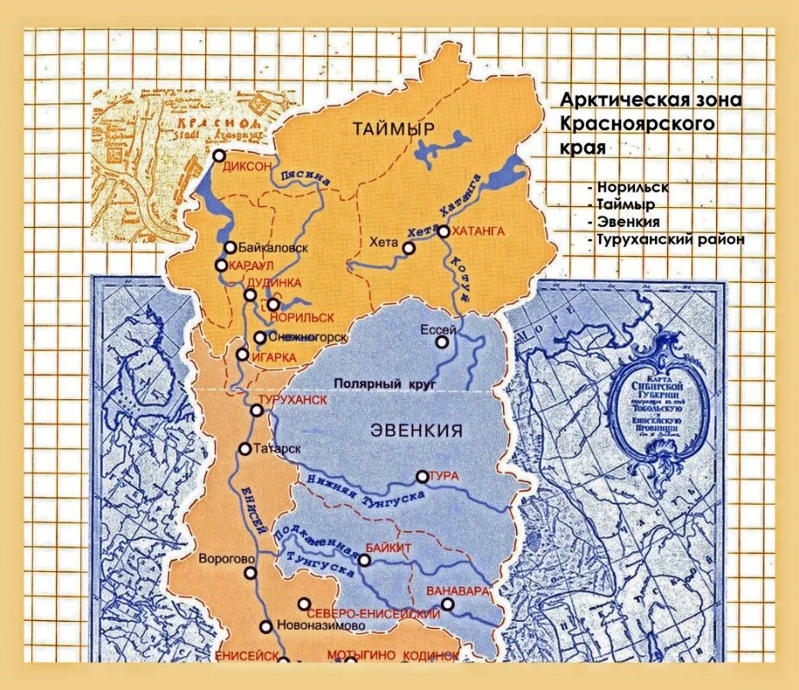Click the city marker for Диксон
coord(219,156)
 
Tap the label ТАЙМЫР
coord(393,129)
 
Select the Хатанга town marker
coord(444,231)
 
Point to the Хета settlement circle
coord(409,248)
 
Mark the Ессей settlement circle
coord(442,342)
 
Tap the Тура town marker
coord(423,476)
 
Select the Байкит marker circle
coord(364,560)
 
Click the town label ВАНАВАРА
coord(458,592)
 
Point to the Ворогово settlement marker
coord(249,572)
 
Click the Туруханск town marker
coord(256,411)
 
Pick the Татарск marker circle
coord(245,448)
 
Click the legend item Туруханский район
coord(669,240)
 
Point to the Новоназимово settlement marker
coord(266,627)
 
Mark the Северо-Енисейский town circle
coord(304,604)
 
